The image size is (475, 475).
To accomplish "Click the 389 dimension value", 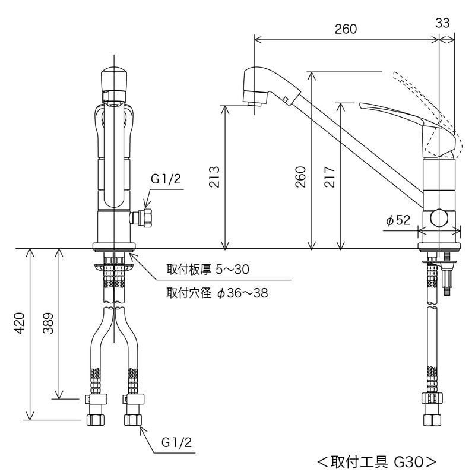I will pos(49,324).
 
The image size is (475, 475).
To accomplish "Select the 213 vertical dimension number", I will pos(215,176).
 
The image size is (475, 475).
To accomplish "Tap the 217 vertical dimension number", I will pos(331,176).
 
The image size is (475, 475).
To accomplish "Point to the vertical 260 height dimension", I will pos(301,176).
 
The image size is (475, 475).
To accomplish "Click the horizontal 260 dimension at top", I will pos(346,29).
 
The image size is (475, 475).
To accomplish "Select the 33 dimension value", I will pos(442,23).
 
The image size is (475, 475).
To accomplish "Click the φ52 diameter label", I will pos(398,221).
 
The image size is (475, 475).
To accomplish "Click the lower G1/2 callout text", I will pos(176,442).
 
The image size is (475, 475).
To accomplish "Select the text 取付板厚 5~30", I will pos(207,270).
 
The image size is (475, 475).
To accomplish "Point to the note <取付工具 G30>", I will pos(377,461).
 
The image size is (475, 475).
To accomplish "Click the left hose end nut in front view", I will pos(96,418).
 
